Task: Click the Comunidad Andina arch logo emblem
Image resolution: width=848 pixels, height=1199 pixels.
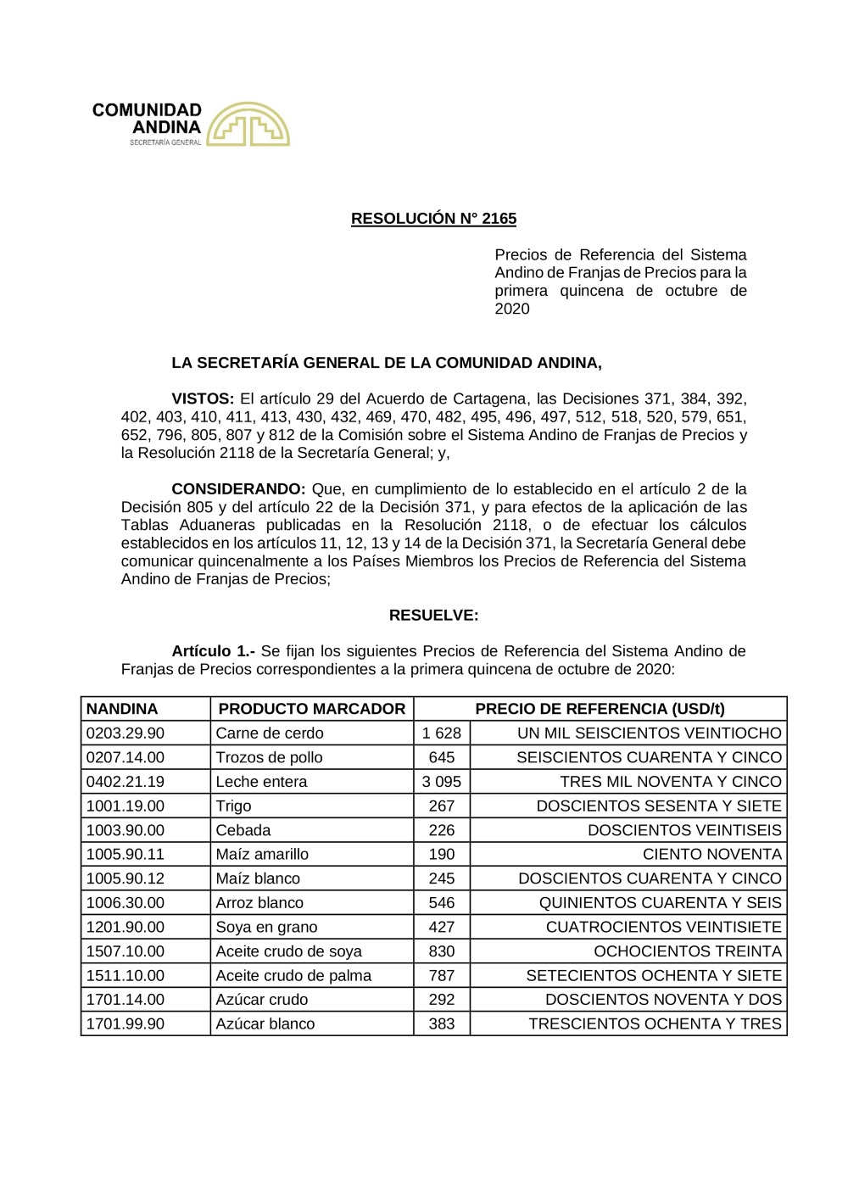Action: (x=248, y=125)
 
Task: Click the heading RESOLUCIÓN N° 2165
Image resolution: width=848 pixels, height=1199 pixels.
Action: (x=433, y=219)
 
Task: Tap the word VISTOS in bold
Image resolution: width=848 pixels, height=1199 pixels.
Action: (x=202, y=399)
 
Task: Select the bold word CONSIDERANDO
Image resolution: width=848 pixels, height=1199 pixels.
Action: (x=237, y=489)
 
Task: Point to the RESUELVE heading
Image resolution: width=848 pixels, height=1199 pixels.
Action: (x=433, y=616)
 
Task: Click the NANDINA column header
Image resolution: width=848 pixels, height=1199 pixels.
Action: (x=122, y=709)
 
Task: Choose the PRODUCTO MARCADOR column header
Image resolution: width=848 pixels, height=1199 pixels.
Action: (x=311, y=709)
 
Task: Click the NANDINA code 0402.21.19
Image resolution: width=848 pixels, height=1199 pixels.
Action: (x=126, y=782)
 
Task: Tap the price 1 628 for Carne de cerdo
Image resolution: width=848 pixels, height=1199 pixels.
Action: (x=442, y=733)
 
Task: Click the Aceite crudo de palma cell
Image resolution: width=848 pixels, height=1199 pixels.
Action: (x=293, y=976)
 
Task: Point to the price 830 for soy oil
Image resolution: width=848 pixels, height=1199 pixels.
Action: (x=442, y=951)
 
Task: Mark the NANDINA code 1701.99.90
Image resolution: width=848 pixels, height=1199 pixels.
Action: (x=126, y=1024)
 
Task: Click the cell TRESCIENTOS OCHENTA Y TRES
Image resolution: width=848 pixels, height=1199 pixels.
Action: (x=655, y=1024)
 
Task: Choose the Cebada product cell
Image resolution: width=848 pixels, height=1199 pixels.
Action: (x=243, y=830)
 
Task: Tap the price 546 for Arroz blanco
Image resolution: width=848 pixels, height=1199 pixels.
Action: (x=442, y=903)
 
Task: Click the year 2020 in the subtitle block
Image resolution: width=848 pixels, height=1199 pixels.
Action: (x=512, y=309)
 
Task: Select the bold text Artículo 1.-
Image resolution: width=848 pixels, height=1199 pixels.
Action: (x=213, y=651)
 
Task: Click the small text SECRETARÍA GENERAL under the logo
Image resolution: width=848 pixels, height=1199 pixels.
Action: (x=165, y=142)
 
